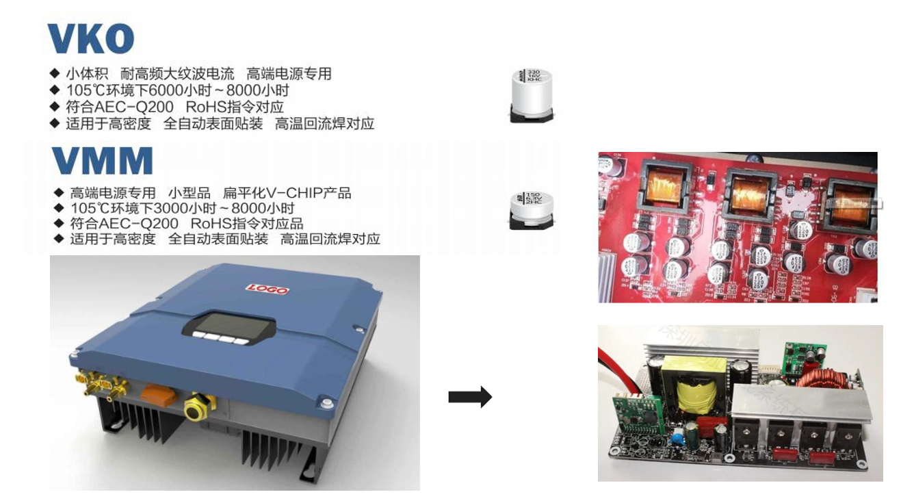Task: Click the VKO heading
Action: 90,39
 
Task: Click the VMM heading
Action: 102,162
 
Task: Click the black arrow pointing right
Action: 470,397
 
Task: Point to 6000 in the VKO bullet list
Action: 156,90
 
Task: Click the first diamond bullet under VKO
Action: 55,73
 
